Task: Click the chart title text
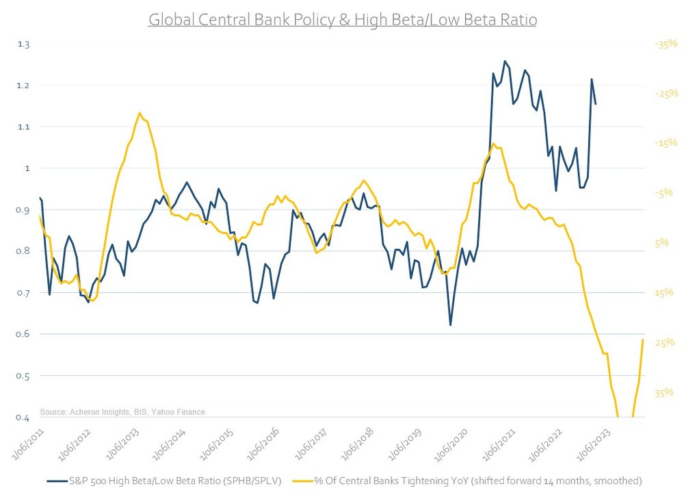[x=342, y=20]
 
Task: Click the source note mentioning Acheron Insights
[x=122, y=412]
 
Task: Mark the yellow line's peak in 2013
[x=140, y=113]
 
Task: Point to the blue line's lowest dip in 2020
[x=450, y=324]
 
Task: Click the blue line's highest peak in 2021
[x=505, y=61]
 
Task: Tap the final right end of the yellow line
[x=643, y=340]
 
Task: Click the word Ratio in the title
[x=517, y=20]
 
